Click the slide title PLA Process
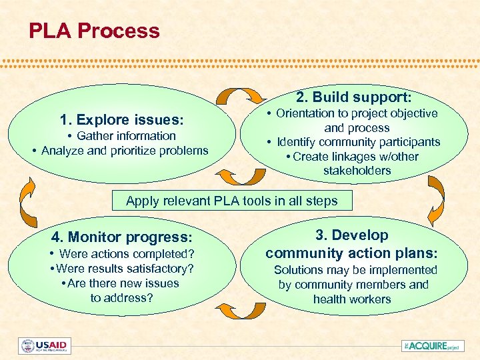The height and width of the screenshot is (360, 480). click(94, 31)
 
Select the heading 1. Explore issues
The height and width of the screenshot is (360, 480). click(121, 120)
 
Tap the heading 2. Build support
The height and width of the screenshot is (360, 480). click(353, 97)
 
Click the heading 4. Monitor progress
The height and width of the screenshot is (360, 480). click(122, 237)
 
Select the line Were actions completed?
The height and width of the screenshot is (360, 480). click(125, 254)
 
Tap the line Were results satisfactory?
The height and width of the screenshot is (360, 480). click(125, 269)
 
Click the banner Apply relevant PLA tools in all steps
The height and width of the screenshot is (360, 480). click(231, 201)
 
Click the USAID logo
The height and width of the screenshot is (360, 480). click(45, 346)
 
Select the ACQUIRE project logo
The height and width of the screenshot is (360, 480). click(431, 345)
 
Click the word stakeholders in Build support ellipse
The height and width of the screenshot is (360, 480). click(357, 171)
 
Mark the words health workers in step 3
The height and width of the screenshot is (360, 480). click(352, 299)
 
